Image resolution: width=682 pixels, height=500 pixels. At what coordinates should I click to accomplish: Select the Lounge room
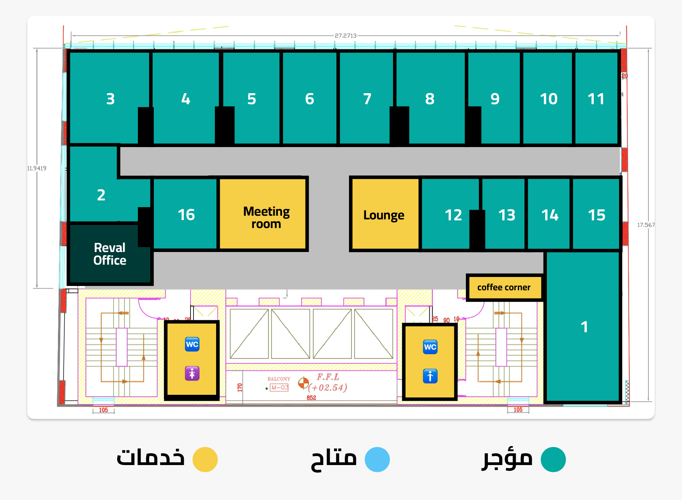pyautogui.click(x=384, y=215)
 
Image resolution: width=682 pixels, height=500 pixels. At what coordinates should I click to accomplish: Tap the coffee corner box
pyautogui.click(x=504, y=287)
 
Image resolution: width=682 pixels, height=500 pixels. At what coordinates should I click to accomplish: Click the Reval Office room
pyautogui.click(x=110, y=254)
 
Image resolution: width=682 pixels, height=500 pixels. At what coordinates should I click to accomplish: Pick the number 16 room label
pyautogui.click(x=186, y=215)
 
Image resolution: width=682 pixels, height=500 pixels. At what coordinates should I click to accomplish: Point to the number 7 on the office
pyautogui.click(x=367, y=99)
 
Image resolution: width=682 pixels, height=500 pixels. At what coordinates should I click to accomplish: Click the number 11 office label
pyautogui.click(x=596, y=99)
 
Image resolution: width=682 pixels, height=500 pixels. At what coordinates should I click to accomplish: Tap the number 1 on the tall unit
pyautogui.click(x=584, y=327)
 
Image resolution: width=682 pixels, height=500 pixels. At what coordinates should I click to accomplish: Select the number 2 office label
pyautogui.click(x=101, y=195)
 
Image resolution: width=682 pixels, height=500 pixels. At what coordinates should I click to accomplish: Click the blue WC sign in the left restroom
pyautogui.click(x=192, y=344)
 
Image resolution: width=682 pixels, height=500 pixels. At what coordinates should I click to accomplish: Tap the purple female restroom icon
pyautogui.click(x=192, y=374)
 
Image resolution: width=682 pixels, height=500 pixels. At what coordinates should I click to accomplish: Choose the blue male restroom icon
pyautogui.click(x=430, y=376)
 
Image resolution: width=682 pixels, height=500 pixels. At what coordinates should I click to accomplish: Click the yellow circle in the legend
pyautogui.click(x=205, y=459)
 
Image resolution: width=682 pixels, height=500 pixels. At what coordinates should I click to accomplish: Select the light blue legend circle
pyautogui.click(x=377, y=459)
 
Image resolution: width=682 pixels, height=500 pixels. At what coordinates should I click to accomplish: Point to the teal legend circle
pyautogui.click(x=553, y=459)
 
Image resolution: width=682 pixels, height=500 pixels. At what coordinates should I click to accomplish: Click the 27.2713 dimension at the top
pyautogui.click(x=345, y=36)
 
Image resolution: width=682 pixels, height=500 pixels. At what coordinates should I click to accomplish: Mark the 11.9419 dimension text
pyautogui.click(x=37, y=168)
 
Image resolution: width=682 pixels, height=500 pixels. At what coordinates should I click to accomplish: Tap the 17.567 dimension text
pyautogui.click(x=646, y=225)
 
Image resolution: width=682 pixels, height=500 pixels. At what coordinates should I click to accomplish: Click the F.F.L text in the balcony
pyautogui.click(x=328, y=377)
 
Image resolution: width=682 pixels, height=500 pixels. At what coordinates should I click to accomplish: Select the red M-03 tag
pyautogui.click(x=279, y=387)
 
